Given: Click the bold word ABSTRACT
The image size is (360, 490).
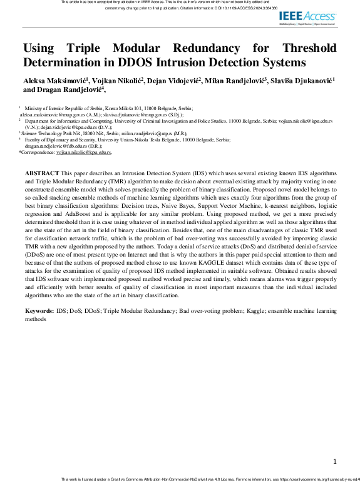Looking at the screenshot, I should click(x=42, y=172).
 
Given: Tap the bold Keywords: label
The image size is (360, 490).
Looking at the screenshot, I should click(x=38, y=311).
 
